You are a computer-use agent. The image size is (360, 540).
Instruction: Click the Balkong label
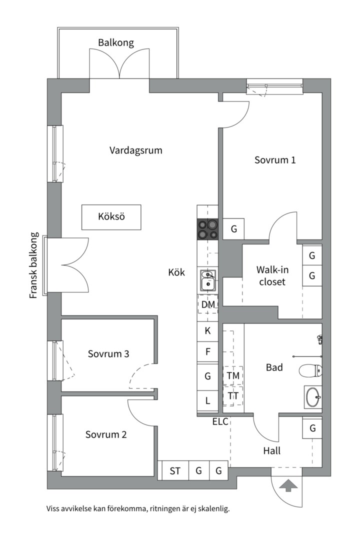pos(116,42)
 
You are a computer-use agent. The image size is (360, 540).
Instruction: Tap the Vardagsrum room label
pos(135,150)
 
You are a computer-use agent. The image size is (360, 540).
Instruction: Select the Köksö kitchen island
pos(111,217)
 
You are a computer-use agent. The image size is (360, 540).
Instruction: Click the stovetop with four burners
pos(208,230)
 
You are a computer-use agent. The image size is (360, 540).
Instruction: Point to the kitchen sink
pos(208,280)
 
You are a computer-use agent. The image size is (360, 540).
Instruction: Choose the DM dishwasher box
pos(208,304)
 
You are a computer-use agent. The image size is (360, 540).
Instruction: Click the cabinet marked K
pos(208,330)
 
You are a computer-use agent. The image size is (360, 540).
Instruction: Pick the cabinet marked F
pos(208,351)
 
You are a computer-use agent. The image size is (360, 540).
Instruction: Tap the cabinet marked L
pos(208,400)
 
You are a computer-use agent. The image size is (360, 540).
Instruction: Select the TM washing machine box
pos(233,375)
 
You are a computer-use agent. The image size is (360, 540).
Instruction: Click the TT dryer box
pos(233,395)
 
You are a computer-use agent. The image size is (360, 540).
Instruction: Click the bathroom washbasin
pos(312,397)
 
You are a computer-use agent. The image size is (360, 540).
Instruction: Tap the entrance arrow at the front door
pos(288,485)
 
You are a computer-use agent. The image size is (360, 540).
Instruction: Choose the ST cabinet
pos(175,470)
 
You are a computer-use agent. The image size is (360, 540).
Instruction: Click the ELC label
pos(220,421)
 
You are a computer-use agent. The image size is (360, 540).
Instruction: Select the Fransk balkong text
pos(34,265)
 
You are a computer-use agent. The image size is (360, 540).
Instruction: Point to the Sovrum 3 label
pos(108,354)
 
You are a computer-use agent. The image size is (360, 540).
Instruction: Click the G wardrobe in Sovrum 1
pos(233,229)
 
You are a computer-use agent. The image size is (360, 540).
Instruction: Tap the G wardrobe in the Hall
pos(312,428)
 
